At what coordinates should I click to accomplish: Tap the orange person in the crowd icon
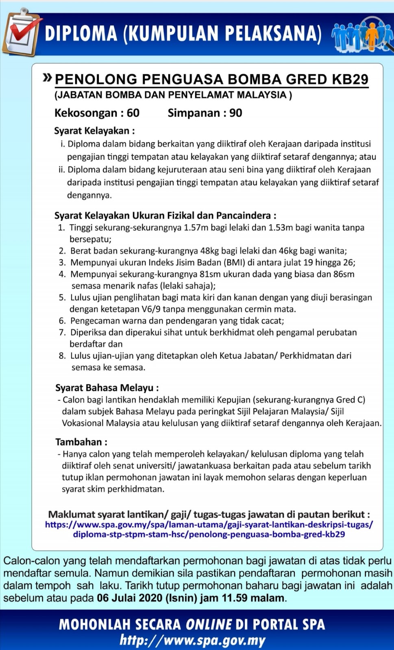[371, 36]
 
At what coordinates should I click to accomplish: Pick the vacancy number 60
[133, 113]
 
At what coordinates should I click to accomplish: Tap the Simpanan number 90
[236, 113]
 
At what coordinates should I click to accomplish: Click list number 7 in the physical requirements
[62, 332]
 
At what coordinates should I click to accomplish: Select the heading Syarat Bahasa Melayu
[107, 388]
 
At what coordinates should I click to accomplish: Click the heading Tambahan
[81, 442]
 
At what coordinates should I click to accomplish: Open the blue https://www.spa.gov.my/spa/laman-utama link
[209, 524]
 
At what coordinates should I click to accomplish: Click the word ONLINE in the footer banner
[209, 624]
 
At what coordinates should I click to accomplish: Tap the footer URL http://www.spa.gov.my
[192, 641]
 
